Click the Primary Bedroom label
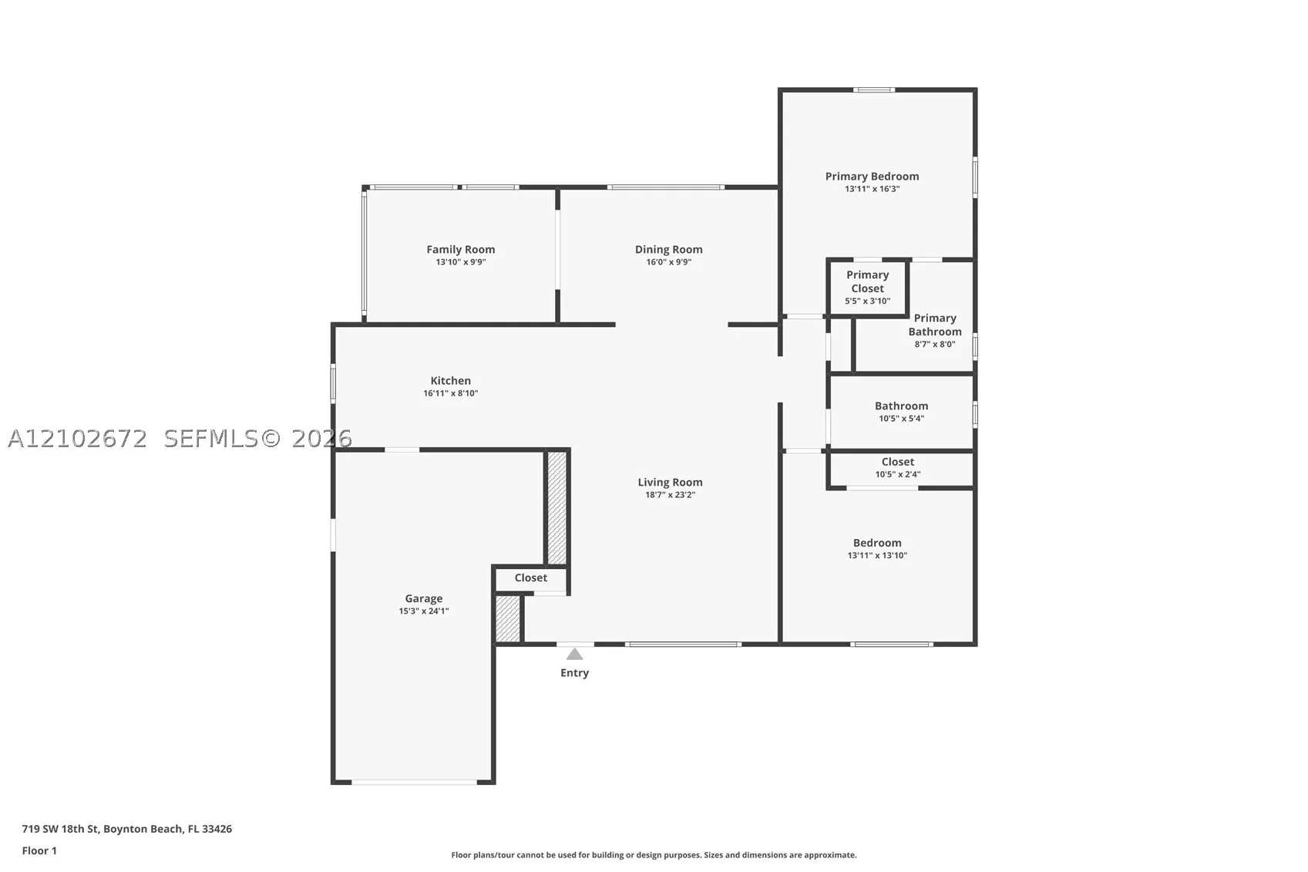872,177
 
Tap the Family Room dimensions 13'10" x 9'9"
461,262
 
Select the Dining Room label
668,249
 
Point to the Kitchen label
451,381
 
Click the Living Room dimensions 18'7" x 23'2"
670,495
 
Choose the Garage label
424,598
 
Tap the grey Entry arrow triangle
574,654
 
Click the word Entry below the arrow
574,673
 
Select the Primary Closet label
868,281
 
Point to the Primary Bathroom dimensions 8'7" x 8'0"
935,345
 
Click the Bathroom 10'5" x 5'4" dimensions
902,419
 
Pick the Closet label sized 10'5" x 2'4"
898,462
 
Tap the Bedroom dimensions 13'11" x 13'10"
877,555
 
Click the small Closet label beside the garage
531,577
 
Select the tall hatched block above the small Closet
557,508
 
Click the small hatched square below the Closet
507,618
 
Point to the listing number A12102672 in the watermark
77,439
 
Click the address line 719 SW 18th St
61,829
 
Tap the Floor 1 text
40,851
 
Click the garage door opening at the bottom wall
414,782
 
